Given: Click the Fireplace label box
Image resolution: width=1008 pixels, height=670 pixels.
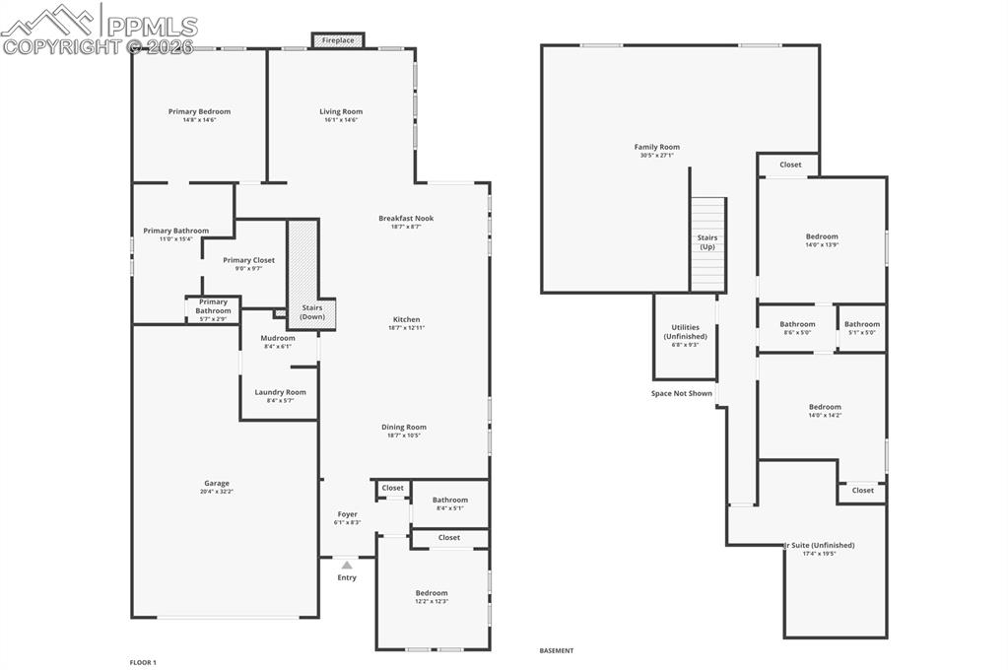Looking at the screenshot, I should [338, 40].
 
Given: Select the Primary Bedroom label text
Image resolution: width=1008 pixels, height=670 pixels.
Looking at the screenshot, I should [199, 112].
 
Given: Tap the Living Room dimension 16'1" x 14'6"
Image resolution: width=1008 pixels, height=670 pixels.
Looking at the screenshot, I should [341, 120].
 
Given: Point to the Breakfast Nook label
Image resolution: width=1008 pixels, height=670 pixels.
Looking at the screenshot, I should [406, 219].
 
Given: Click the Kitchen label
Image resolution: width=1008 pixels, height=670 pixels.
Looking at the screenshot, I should [407, 319].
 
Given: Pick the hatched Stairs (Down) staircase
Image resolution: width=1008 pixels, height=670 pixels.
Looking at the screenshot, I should [302, 273].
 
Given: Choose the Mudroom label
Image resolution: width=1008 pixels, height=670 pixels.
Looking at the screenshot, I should [278, 338].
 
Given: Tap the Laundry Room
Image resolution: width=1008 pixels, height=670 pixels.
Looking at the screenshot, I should [280, 395].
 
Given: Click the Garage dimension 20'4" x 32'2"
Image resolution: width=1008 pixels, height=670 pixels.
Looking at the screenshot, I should [217, 492].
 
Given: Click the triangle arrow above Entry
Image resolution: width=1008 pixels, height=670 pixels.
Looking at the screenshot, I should [347, 565].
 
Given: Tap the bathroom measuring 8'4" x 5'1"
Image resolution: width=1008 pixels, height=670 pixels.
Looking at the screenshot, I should [449, 503].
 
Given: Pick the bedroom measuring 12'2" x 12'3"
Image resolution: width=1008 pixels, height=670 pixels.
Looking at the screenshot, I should [432, 596].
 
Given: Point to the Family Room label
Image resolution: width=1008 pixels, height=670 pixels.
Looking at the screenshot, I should [657, 148].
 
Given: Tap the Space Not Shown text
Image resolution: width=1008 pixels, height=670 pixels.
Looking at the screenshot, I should [681, 393].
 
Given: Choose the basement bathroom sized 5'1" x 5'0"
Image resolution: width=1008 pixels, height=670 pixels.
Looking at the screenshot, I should [861, 327].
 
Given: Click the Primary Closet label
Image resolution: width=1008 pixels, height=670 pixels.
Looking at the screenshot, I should [248, 260].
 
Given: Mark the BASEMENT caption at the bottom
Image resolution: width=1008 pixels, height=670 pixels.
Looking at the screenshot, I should [556, 650].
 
